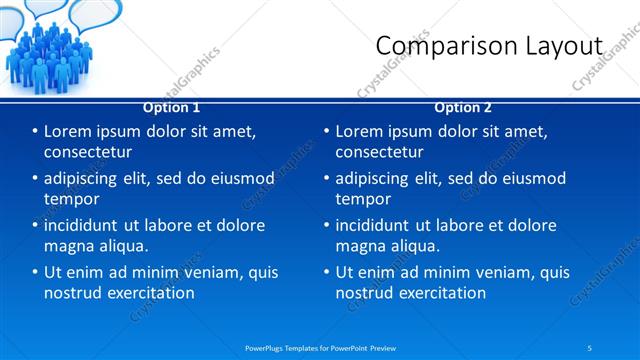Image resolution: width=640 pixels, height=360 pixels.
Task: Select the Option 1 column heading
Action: [171, 107]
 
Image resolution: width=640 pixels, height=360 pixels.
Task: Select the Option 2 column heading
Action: [463, 107]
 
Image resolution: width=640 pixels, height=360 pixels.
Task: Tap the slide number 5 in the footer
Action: [590, 347]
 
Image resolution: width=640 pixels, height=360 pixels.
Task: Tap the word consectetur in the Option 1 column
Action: [88, 152]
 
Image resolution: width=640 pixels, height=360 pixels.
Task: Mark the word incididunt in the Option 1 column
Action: [86, 226]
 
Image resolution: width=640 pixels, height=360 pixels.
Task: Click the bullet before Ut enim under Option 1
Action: [36, 272]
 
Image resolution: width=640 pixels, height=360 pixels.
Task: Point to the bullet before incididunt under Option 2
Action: [327, 226]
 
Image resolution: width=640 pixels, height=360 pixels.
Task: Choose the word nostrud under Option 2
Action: [365, 293]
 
